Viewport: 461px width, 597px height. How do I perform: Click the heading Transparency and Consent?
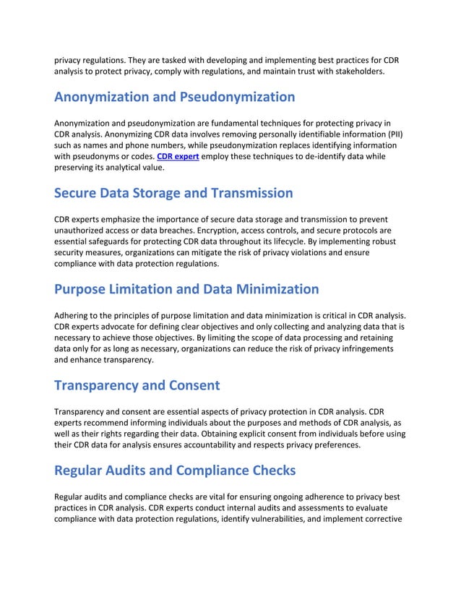[x=137, y=385]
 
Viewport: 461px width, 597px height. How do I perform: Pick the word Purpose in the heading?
[x=85, y=289]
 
